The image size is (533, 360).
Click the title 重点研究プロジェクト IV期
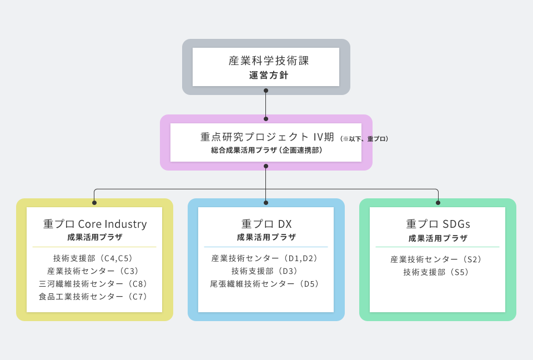267,137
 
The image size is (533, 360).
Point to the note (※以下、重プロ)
364,139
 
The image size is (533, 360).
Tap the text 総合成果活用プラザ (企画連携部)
266,150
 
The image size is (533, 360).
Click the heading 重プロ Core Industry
95,224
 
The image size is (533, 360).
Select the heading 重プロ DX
266,224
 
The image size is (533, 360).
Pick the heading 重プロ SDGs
438,224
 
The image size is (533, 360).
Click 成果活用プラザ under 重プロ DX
266,237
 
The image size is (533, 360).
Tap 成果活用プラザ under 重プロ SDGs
438,238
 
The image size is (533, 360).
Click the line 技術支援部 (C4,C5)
93,258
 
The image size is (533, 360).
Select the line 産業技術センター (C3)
93,271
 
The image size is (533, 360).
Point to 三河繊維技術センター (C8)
93,283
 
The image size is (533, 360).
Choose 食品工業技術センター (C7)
93,296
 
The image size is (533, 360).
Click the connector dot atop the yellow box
94,203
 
